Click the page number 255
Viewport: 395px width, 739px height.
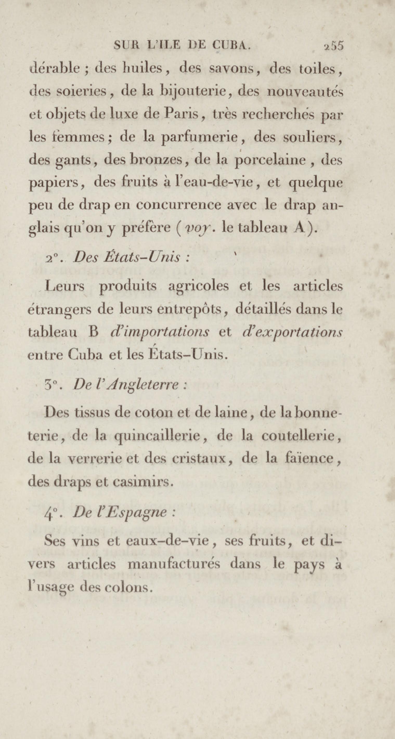tap(333, 46)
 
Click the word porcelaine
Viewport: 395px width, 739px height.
tap(270, 160)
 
